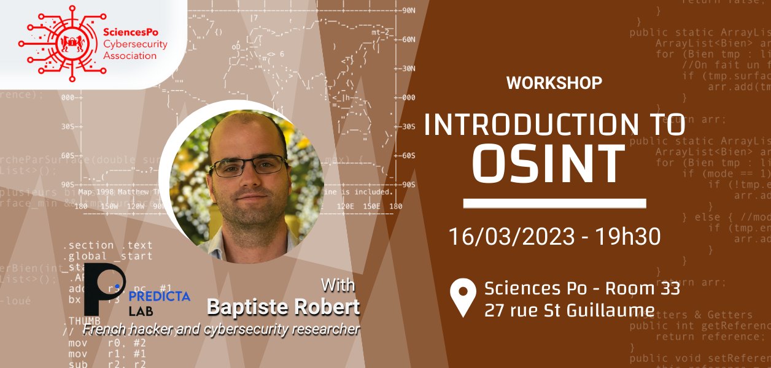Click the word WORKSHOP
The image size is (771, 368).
554,83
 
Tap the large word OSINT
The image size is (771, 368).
552,163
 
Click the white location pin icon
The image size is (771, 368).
463,297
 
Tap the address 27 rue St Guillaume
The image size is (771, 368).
569,309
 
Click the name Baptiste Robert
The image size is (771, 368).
283,307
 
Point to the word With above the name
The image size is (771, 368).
338,286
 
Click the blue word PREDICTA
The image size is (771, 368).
160,296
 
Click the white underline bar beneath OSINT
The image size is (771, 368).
554,203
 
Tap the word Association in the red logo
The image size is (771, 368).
130,56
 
